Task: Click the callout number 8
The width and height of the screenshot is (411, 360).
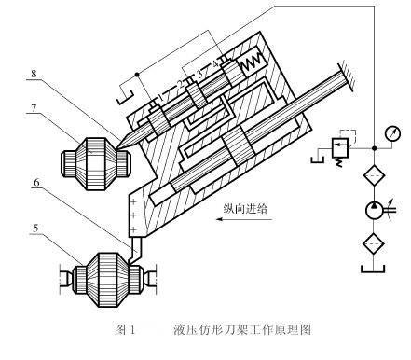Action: point(34,74)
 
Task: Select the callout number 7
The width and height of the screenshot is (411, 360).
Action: point(34,108)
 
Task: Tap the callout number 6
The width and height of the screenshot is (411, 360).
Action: point(36,183)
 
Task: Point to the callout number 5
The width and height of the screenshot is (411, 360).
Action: point(35,228)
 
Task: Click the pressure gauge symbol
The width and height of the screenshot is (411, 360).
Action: point(392,133)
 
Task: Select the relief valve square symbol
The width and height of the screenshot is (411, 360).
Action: point(340,147)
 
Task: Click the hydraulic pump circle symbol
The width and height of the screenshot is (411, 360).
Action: point(375,211)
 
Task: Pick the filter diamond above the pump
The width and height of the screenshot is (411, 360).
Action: point(375,176)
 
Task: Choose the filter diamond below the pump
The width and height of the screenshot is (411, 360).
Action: point(375,244)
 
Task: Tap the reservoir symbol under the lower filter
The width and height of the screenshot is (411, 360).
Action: point(373,270)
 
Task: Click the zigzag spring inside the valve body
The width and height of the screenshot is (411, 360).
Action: point(253,64)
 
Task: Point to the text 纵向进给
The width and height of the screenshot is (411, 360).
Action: point(245,208)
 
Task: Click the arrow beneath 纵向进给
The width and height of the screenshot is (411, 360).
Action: point(244,219)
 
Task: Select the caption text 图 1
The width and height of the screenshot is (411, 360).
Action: point(125,329)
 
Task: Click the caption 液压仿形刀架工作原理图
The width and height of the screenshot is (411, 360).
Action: point(242,329)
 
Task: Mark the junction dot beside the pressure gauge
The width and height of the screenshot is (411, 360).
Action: point(375,148)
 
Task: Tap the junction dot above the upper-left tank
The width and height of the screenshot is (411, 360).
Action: point(137,75)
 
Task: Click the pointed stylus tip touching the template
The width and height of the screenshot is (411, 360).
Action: point(118,147)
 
